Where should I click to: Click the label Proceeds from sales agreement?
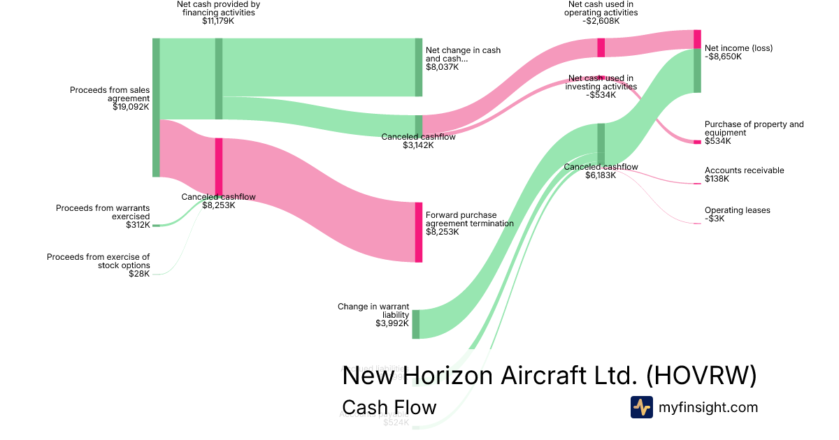110,94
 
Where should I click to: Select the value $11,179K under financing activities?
218,21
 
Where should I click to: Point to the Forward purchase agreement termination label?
469,219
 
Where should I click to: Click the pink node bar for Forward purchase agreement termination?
419,232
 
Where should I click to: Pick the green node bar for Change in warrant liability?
415,324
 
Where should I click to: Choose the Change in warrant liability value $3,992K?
392,323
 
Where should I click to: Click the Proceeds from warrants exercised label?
103,212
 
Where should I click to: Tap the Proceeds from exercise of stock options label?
99,261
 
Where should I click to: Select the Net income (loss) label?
738,48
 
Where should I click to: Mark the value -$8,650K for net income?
723,57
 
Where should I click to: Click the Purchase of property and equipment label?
754,129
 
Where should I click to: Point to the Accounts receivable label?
744,170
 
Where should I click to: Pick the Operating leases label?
737,210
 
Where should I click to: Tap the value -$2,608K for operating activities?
601,21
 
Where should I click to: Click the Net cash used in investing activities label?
601,82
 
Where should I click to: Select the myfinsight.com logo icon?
641,407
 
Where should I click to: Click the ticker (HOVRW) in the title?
701,376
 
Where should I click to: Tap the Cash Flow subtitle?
389,407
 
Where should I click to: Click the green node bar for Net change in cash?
419,67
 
